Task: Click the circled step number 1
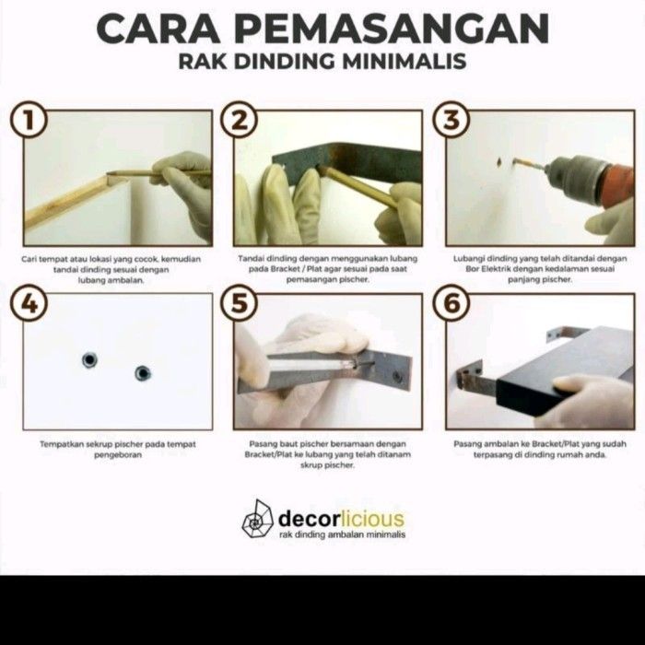point(29,121)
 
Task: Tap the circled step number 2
point(240,121)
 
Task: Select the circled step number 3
point(451,121)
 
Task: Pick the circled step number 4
point(29,304)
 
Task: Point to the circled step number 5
point(240,304)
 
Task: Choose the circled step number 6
point(451,304)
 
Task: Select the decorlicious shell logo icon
point(257,519)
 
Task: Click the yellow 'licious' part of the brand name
point(372,518)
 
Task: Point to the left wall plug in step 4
point(89,360)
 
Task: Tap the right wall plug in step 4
point(143,373)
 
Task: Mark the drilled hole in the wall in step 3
point(499,161)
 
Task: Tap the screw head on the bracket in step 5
point(397,376)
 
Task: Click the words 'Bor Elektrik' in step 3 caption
point(487,269)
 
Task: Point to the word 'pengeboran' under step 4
point(118,455)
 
